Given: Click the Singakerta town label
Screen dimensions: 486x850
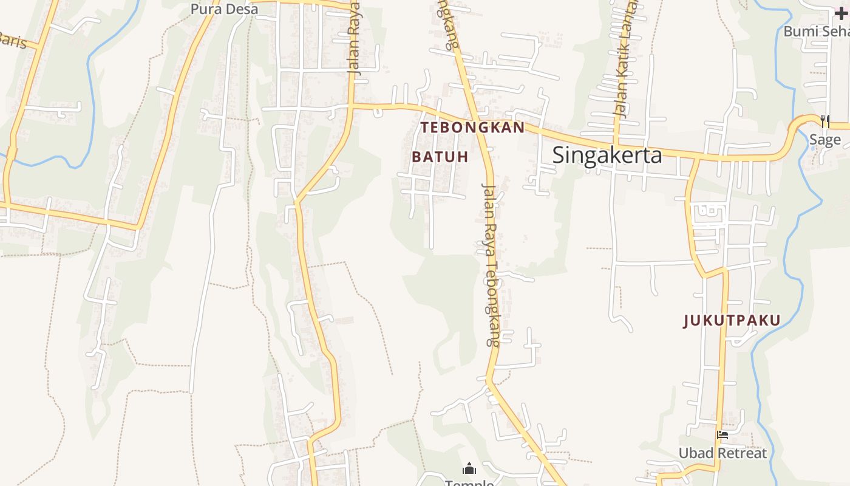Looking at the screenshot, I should coord(607,156).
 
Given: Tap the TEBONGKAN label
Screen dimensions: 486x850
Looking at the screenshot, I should coord(472,128).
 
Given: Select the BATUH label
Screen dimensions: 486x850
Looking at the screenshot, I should coord(440,157).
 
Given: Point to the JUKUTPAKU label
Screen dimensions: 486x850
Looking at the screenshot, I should coord(732,321).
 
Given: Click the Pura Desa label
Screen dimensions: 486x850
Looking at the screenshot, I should coord(224,9).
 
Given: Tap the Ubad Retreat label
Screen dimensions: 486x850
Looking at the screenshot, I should coord(722,453).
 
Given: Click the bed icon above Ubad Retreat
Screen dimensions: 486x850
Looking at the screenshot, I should coord(722,435).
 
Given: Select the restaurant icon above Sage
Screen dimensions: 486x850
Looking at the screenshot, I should coord(824,122).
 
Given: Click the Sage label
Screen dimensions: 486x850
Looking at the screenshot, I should coord(825,140).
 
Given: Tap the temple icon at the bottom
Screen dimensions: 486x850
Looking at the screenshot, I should coord(469,468).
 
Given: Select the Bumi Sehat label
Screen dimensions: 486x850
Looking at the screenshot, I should coord(817,31).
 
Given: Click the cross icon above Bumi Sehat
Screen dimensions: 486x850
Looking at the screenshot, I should coord(841,14).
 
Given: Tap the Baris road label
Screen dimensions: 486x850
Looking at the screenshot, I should coord(12,40).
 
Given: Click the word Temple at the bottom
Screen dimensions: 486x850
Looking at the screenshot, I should coord(469,483).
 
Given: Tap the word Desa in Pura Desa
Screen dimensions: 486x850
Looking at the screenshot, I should coord(242,9).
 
